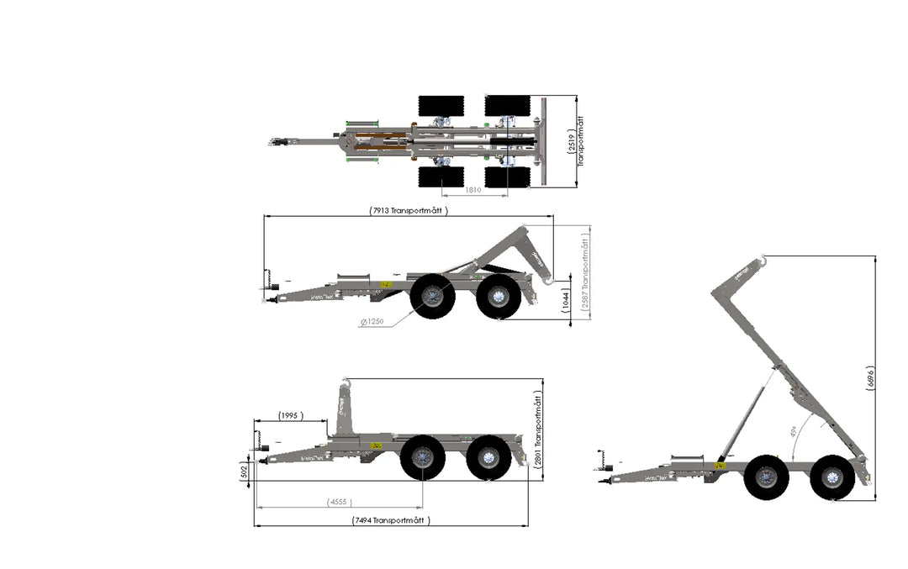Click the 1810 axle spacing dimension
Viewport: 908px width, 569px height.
473,191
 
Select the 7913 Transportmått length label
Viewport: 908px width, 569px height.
407,210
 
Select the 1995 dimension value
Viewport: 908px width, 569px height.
289,415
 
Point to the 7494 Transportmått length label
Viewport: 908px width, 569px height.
391,520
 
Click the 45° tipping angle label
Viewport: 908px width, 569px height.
794,432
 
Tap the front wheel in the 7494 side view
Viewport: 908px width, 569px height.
422,458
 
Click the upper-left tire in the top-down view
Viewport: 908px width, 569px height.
441,107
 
